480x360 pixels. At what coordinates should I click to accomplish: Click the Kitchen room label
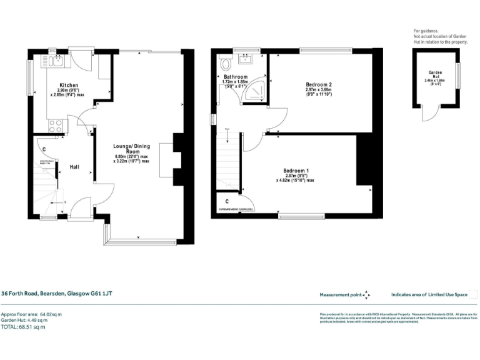pyautogui.click(x=68, y=84)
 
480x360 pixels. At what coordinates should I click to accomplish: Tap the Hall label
pyautogui.click(x=74, y=167)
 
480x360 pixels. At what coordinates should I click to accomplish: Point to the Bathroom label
pyautogui.click(x=235, y=77)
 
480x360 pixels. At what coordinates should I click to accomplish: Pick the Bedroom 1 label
pyautogui.click(x=295, y=171)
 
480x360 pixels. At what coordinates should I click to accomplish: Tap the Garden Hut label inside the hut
pyautogui.click(x=435, y=74)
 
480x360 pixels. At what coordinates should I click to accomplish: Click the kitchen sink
pyautogui.click(x=55, y=61)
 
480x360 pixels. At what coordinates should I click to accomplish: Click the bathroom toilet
pyautogui.click(x=226, y=63)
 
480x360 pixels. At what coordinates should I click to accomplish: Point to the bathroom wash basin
pyautogui.click(x=244, y=61)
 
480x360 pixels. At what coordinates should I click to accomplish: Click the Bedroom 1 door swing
pyautogui.click(x=252, y=142)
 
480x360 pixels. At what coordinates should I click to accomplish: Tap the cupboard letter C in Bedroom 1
pyautogui.click(x=226, y=201)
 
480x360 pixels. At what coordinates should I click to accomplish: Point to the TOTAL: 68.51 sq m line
pyautogui.click(x=23, y=327)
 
